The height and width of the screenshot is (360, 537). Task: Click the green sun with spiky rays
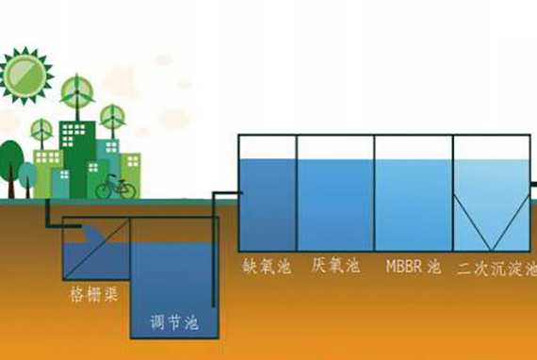tap(24, 75)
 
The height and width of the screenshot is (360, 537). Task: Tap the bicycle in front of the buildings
tap(116, 187)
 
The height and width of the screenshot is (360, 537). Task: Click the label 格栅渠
tap(94, 294)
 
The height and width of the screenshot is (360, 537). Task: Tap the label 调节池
tap(174, 322)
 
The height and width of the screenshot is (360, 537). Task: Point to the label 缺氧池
tap(268, 267)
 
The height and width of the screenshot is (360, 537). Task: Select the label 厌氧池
tap(335, 266)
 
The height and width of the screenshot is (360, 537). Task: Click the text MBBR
tap(404, 266)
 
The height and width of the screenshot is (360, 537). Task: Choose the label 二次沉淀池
tap(496, 269)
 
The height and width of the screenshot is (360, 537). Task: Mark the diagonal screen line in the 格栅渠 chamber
tap(97, 249)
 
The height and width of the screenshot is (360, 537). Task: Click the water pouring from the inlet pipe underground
tap(93, 234)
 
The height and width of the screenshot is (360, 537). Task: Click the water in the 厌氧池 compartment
tap(335, 205)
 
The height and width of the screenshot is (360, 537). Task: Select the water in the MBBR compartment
tap(414, 205)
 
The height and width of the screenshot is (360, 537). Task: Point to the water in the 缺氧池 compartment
tap(268, 205)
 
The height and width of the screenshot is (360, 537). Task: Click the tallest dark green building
tap(78, 159)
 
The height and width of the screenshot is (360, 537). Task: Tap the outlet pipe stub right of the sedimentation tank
tap(533, 185)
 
